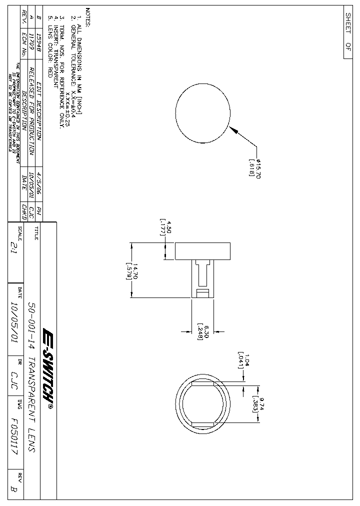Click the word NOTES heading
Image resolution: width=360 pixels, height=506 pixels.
[x=87, y=17]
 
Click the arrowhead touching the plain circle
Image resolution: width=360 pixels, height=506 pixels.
[x=233, y=129]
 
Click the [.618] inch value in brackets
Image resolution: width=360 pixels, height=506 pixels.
[x=252, y=168]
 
